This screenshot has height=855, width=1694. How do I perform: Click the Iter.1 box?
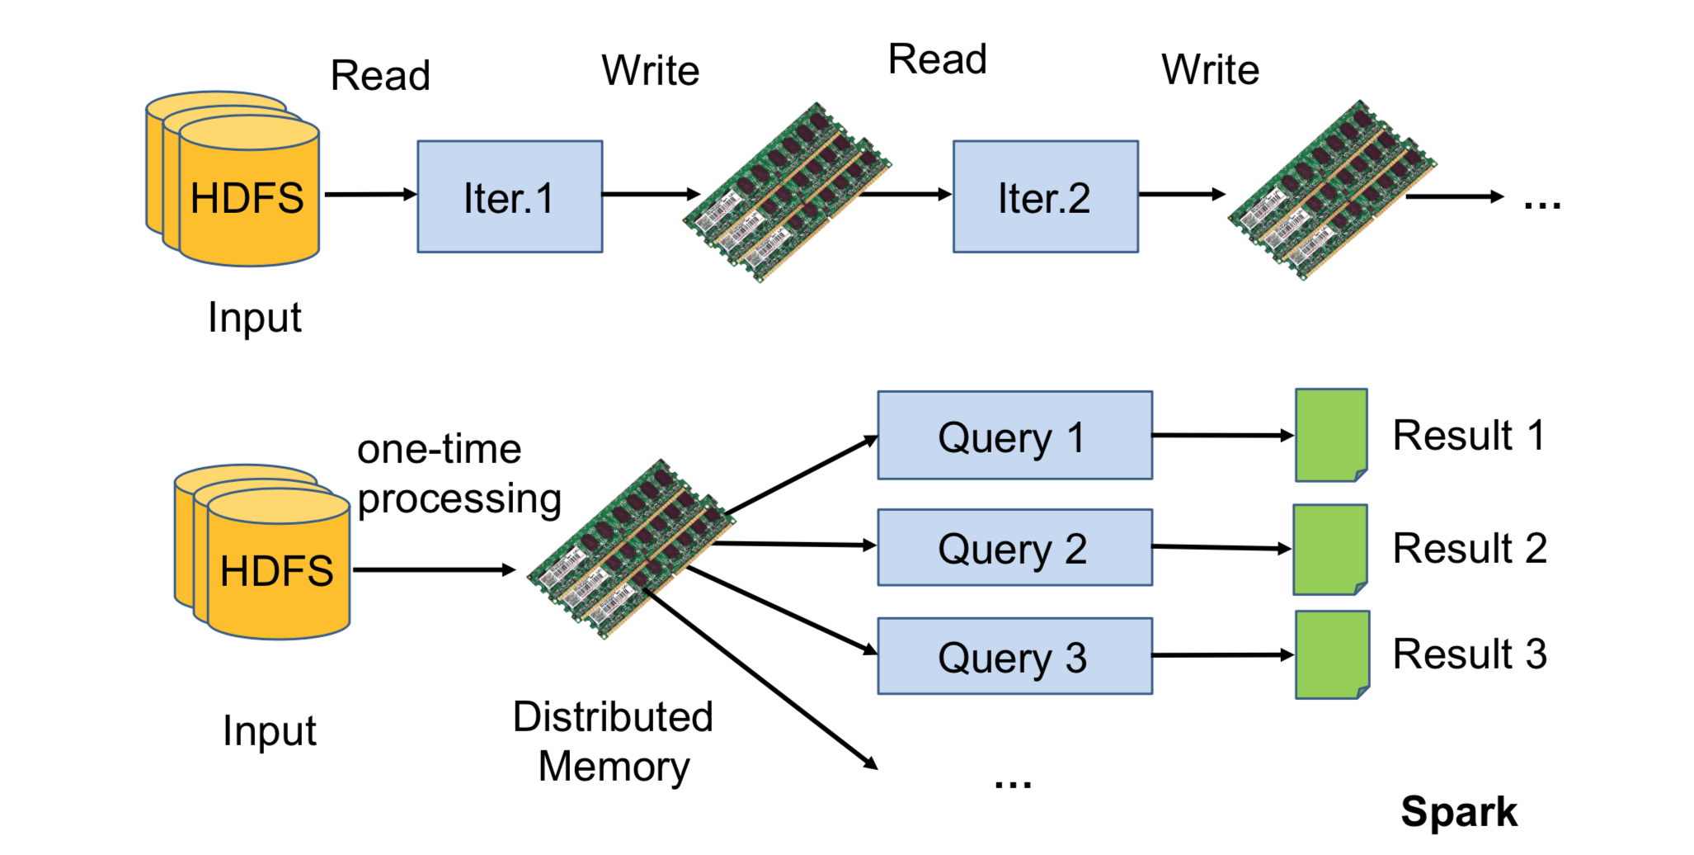(510, 196)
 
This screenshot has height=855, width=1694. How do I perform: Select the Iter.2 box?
(1045, 196)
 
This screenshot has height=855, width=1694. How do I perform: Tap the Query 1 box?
(1014, 435)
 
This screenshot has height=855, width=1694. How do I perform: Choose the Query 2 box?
(1014, 547)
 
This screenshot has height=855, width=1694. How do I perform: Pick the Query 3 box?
(1014, 656)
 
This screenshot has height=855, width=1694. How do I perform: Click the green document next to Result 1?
(1330, 435)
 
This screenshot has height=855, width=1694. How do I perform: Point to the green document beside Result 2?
(1329, 549)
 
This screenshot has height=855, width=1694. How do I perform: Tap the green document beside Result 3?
(1331, 654)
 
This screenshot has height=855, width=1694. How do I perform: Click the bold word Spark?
(1458, 811)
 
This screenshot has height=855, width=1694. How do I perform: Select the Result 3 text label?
(1469, 654)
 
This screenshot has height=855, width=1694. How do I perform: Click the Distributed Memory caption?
(613, 741)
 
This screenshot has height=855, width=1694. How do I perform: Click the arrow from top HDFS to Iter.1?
(370, 195)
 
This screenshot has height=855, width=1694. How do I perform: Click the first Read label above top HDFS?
(380, 76)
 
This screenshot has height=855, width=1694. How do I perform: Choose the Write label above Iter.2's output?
(1210, 70)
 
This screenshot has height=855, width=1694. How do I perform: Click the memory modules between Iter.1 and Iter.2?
(786, 192)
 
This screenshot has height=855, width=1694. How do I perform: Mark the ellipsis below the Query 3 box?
(1013, 782)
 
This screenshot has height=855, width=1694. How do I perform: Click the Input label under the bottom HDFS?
(270, 731)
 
